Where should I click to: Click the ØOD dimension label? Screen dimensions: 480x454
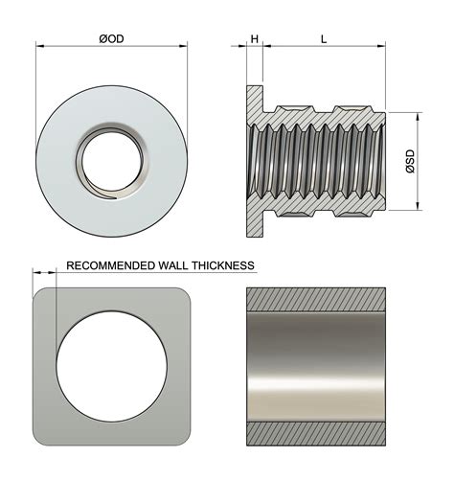coord(111,40)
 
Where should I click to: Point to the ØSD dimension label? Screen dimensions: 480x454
coord(410,161)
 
